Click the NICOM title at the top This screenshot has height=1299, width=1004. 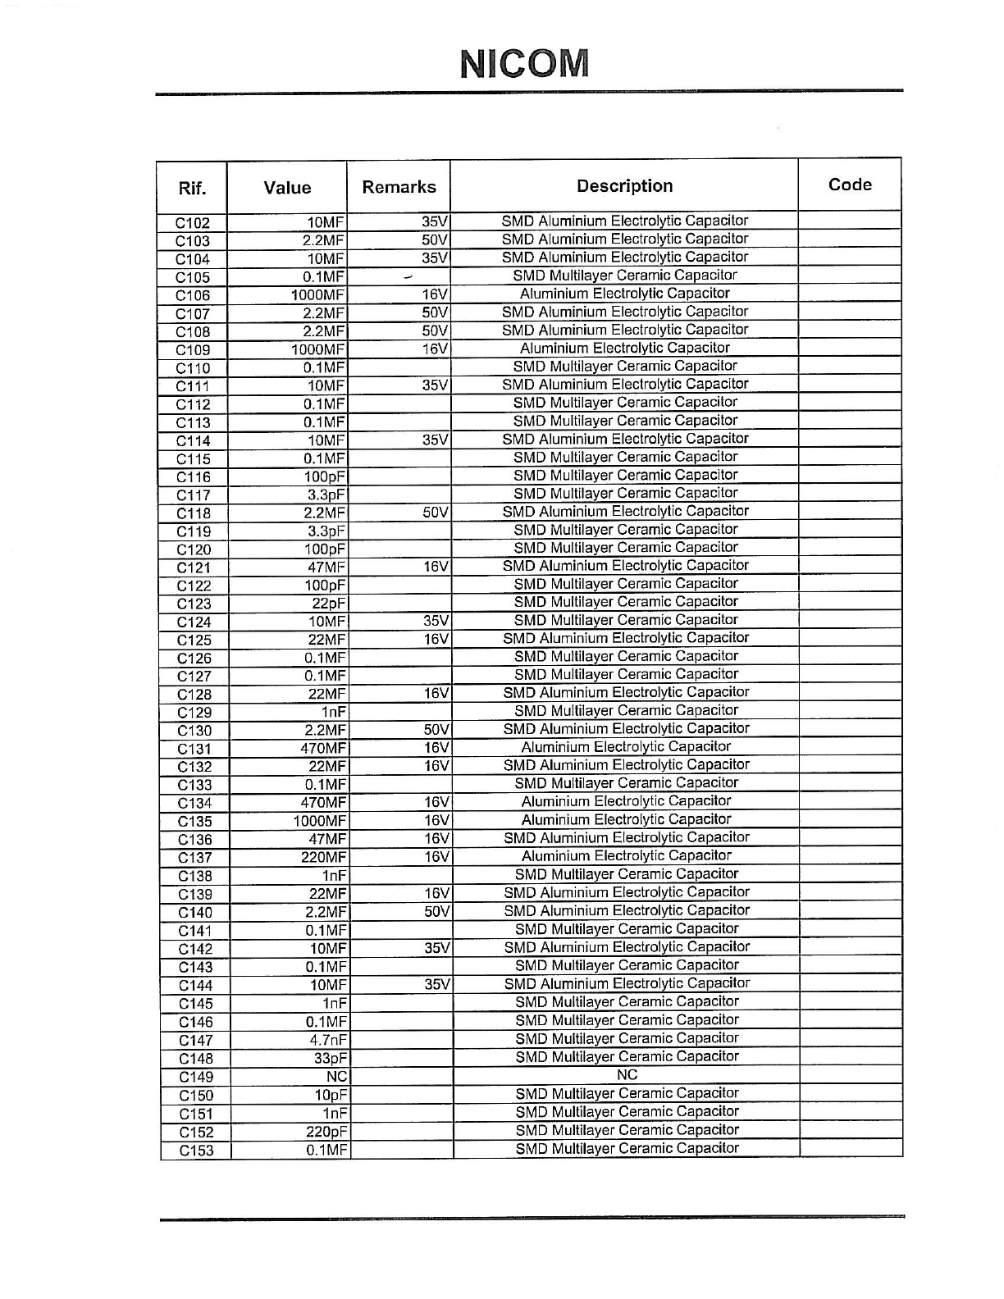pyautogui.click(x=525, y=63)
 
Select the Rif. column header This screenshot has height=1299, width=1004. pyautogui.click(x=192, y=189)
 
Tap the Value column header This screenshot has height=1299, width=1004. pyautogui.click(x=287, y=188)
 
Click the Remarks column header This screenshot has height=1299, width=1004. pyautogui.click(x=399, y=187)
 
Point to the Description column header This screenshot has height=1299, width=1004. pyautogui.click(x=624, y=186)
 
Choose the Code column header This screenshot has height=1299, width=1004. pyautogui.click(x=850, y=185)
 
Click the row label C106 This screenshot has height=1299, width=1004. pyautogui.click(x=193, y=295)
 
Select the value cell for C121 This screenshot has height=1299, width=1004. pyautogui.click(x=327, y=567)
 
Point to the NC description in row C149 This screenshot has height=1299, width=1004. pyautogui.click(x=627, y=1075)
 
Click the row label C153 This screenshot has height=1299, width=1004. pyautogui.click(x=196, y=1151)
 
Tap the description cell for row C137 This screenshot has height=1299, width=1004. pyautogui.click(x=627, y=856)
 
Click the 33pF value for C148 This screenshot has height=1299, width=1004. pyautogui.click(x=331, y=1059)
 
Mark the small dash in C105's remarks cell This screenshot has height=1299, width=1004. pyautogui.click(x=408, y=277)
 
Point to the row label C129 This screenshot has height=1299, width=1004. pyautogui.click(x=194, y=713)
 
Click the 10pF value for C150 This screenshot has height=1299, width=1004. pyautogui.click(x=331, y=1096)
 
